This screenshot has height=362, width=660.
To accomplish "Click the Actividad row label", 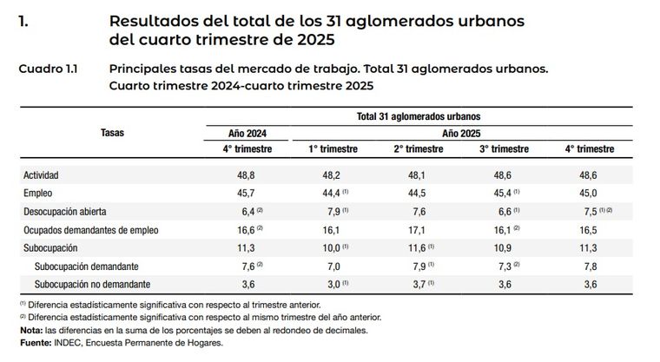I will pyautogui.click(x=42, y=174).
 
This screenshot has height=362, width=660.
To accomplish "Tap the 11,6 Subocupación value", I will pyautogui.click(x=417, y=247).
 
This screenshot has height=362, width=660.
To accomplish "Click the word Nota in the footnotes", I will pyautogui.click(x=30, y=329).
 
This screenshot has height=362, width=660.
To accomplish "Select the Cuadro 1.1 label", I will pyautogui.click(x=48, y=67).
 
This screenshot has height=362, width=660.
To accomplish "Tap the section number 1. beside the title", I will pyautogui.click(x=24, y=19).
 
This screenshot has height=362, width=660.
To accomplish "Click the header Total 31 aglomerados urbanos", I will pyautogui.click(x=419, y=115).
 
